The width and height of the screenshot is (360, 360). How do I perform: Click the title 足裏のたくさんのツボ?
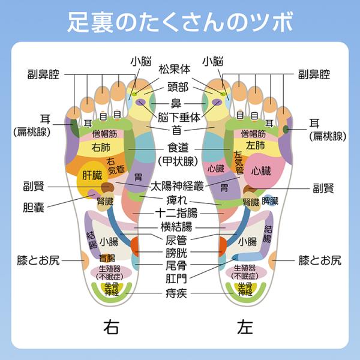point(180,22)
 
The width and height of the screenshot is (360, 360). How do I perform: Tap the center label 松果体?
point(175,69)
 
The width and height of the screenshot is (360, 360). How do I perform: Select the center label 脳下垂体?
point(179,118)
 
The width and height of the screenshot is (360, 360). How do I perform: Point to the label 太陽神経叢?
point(177,186)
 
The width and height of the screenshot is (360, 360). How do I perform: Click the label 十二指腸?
point(176,213)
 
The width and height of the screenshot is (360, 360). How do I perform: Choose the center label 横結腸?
point(176,227)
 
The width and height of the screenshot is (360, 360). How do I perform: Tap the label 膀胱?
point(176,253)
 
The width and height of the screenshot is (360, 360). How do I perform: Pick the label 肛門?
point(176,279)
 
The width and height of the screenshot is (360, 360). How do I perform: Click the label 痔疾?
point(176,293)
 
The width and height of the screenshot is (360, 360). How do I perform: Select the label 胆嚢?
point(34,208)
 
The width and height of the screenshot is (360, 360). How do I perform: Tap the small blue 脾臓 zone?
point(270,201)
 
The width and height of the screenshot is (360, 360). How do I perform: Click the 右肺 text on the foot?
point(101,147)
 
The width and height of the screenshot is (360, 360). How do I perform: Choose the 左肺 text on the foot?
point(256,145)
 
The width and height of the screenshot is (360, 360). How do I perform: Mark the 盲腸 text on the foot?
point(107,258)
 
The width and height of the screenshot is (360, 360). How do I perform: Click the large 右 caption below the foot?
point(111,327)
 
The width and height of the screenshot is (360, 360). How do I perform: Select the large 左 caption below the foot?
point(245,327)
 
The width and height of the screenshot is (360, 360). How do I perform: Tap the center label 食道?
point(178,148)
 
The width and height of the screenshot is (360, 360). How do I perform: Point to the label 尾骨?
point(176,266)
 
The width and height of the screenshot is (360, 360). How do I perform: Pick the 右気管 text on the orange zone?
point(115,166)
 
